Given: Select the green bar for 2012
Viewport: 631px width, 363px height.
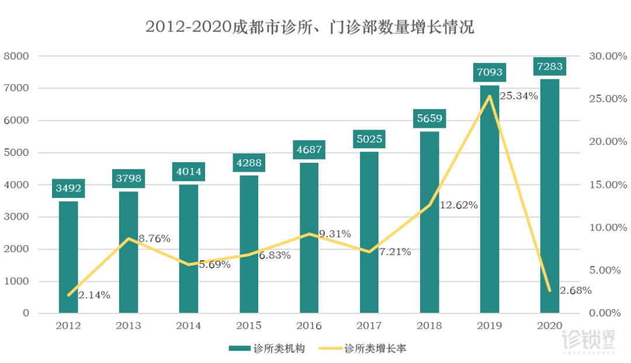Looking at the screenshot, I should point(68,257).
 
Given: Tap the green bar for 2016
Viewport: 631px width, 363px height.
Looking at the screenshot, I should point(309,239).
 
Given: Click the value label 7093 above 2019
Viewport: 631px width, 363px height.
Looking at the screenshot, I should point(489,74).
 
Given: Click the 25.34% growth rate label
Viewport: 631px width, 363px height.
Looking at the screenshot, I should point(519,96).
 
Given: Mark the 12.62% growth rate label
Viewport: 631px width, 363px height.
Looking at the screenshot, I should point(459,205).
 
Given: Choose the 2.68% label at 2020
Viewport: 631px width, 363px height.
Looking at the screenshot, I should point(575,291).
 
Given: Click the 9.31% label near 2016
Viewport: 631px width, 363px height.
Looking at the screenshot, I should point(335,234).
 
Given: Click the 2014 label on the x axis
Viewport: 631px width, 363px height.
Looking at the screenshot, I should point(188,326).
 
